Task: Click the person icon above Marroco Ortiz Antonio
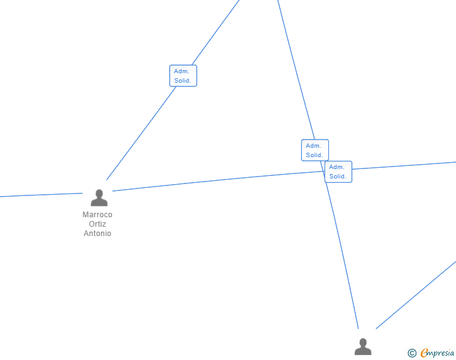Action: pyautogui.click(x=99, y=198)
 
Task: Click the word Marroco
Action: pyautogui.click(x=98, y=215)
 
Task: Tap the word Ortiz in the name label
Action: pyautogui.click(x=98, y=224)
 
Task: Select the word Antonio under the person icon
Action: pyautogui.click(x=98, y=234)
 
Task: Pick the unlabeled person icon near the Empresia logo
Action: pyautogui.click(x=363, y=347)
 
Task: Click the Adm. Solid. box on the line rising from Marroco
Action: pyautogui.click(x=183, y=76)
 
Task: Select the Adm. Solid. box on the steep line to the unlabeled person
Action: pyautogui.click(x=314, y=150)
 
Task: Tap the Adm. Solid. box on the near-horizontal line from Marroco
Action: pyautogui.click(x=338, y=172)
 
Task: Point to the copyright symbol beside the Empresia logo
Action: pyautogui.click(x=412, y=354)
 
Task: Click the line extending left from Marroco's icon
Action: pyautogui.click(x=38, y=195)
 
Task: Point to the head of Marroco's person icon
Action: pyautogui.click(x=99, y=193)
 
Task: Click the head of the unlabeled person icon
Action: pyautogui.click(x=363, y=342)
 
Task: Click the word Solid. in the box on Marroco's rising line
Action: pyautogui.click(x=183, y=81)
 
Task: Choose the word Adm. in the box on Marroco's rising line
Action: pyautogui.click(x=182, y=71)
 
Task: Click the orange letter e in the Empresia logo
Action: pyautogui.click(x=424, y=354)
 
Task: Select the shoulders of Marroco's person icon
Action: pyautogui.click(x=99, y=202)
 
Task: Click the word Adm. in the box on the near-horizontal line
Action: pyautogui.click(x=337, y=167)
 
